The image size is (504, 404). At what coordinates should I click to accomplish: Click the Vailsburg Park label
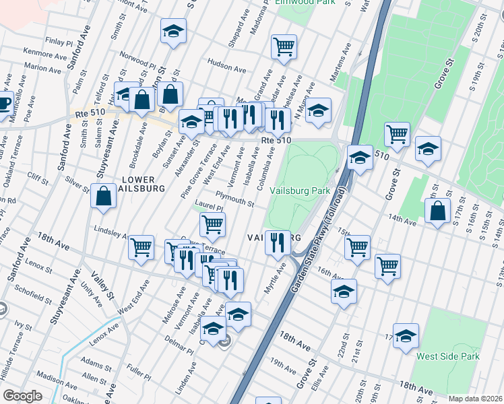pos(300,191)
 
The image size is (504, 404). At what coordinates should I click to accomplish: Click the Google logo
pos(23,395)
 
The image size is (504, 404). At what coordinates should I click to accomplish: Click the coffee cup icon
pos(3,104)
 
